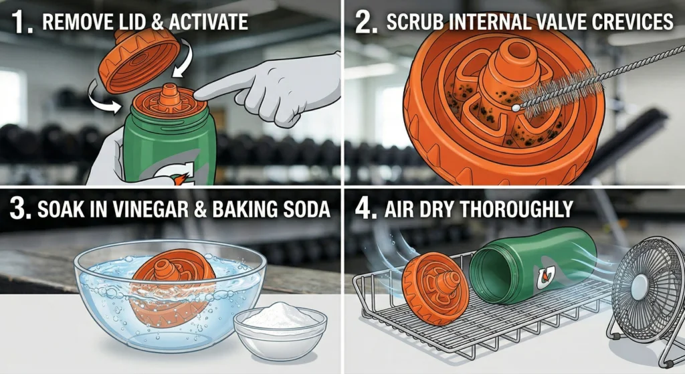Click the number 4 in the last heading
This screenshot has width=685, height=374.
click(x=364, y=209)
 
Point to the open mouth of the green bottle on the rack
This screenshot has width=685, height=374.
click(x=486, y=278)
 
